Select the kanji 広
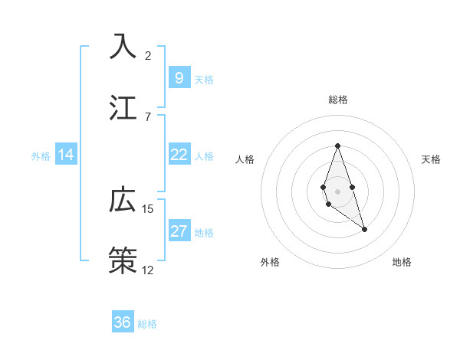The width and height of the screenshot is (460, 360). coord(123,200)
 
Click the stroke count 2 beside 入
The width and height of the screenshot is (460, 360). coord(148,55)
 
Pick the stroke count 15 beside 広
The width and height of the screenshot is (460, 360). coord(148,208)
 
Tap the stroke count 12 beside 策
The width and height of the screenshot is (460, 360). coord(148,270)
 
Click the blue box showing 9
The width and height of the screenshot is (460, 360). coord(179,77)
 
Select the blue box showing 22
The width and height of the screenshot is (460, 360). coord(179,155)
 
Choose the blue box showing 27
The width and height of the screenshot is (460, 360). coord(179,231)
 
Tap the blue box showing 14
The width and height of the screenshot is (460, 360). coord(66,155)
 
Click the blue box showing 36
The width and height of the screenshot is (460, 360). coord(122,322)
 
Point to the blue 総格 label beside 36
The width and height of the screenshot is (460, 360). coord(147,324)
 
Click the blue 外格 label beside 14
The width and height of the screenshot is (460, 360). coord(41,156)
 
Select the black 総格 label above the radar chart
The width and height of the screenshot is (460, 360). coord(338,100)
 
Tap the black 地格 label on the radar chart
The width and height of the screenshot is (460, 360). coord(402,262)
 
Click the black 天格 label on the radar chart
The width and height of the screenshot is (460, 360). coord(431,159)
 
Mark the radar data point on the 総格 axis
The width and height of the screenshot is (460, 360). coord(337,146)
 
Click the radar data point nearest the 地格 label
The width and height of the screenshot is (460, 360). coord(364,229)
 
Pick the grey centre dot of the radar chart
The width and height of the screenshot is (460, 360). coord(337,190)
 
